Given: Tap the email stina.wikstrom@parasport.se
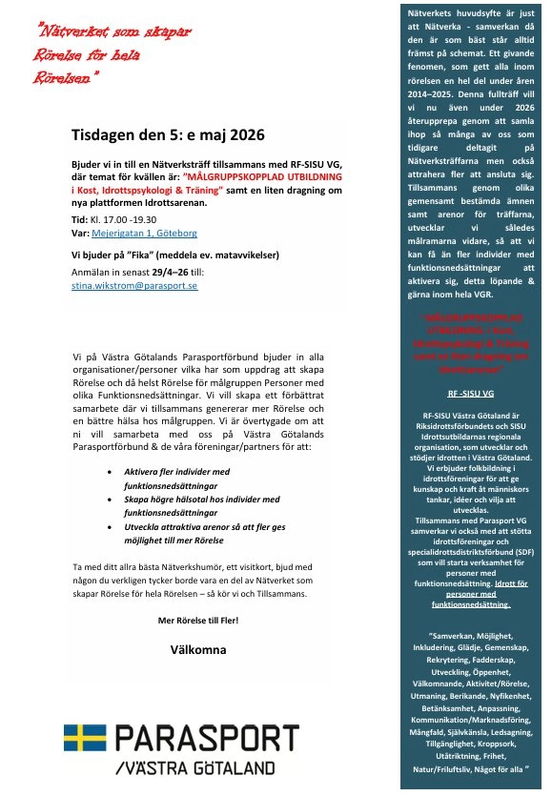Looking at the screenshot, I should (133, 285).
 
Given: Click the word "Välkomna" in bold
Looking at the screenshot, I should (198, 649).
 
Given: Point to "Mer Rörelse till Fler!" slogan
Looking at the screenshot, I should (198, 620).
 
